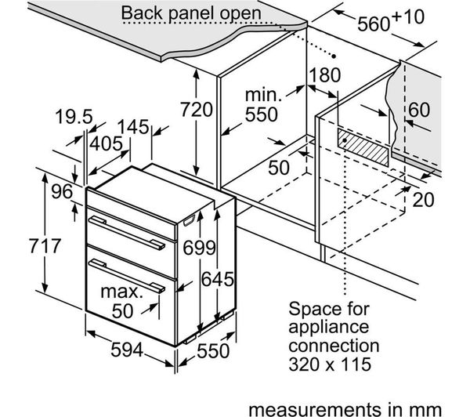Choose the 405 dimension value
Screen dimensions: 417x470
click(106, 143)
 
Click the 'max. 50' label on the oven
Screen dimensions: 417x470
click(122, 300)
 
